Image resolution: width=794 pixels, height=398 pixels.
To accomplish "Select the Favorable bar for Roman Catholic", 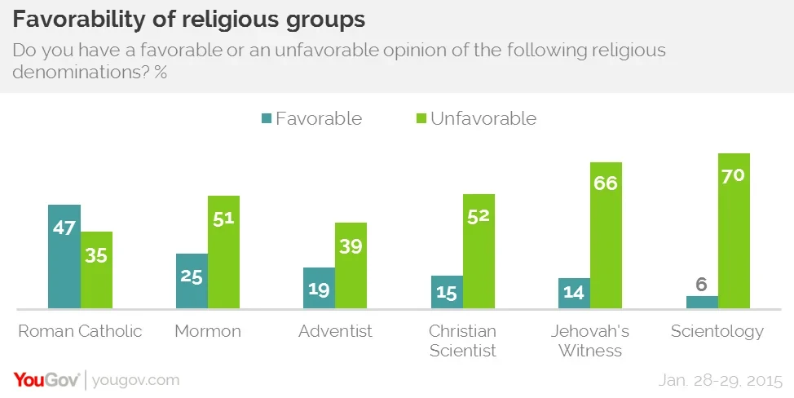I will (x=64, y=257).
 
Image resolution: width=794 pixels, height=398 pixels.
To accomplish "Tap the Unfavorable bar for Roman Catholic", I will (x=96, y=270).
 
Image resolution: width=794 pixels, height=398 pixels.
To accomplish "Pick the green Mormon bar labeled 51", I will (x=223, y=252).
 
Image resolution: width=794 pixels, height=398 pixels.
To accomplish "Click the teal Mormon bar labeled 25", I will (x=192, y=281).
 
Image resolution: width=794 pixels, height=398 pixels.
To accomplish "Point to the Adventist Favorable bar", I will (x=319, y=288).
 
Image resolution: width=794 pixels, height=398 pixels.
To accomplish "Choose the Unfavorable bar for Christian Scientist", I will (x=479, y=251).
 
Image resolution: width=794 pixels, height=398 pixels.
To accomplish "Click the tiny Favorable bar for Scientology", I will (x=702, y=302).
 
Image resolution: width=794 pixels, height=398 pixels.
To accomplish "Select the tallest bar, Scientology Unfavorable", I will (x=734, y=231).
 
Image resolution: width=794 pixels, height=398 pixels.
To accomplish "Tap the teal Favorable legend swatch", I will (x=266, y=119).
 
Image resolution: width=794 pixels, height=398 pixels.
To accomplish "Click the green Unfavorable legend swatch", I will (x=420, y=119).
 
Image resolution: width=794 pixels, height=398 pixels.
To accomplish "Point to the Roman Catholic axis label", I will (x=80, y=331).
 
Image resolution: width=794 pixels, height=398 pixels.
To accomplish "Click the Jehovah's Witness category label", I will (x=590, y=341).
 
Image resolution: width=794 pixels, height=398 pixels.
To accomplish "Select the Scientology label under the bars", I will (x=717, y=331).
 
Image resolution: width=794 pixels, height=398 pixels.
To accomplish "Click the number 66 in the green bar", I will (x=606, y=183).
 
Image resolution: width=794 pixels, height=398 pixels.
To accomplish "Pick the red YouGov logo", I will (x=46, y=380).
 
